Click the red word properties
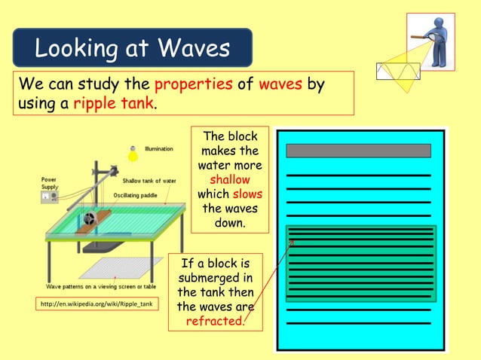pyautogui.click(x=192, y=84)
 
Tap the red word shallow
pyautogui.click(x=229, y=179)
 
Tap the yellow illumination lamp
pyautogui.click(x=133, y=154)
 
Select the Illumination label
pyautogui.click(x=158, y=149)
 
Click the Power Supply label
pyautogui.click(x=49, y=183)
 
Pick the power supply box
pyautogui.click(x=51, y=197)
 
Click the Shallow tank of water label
pyautogui.click(x=149, y=180)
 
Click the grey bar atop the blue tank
pyautogui.click(x=358, y=151)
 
